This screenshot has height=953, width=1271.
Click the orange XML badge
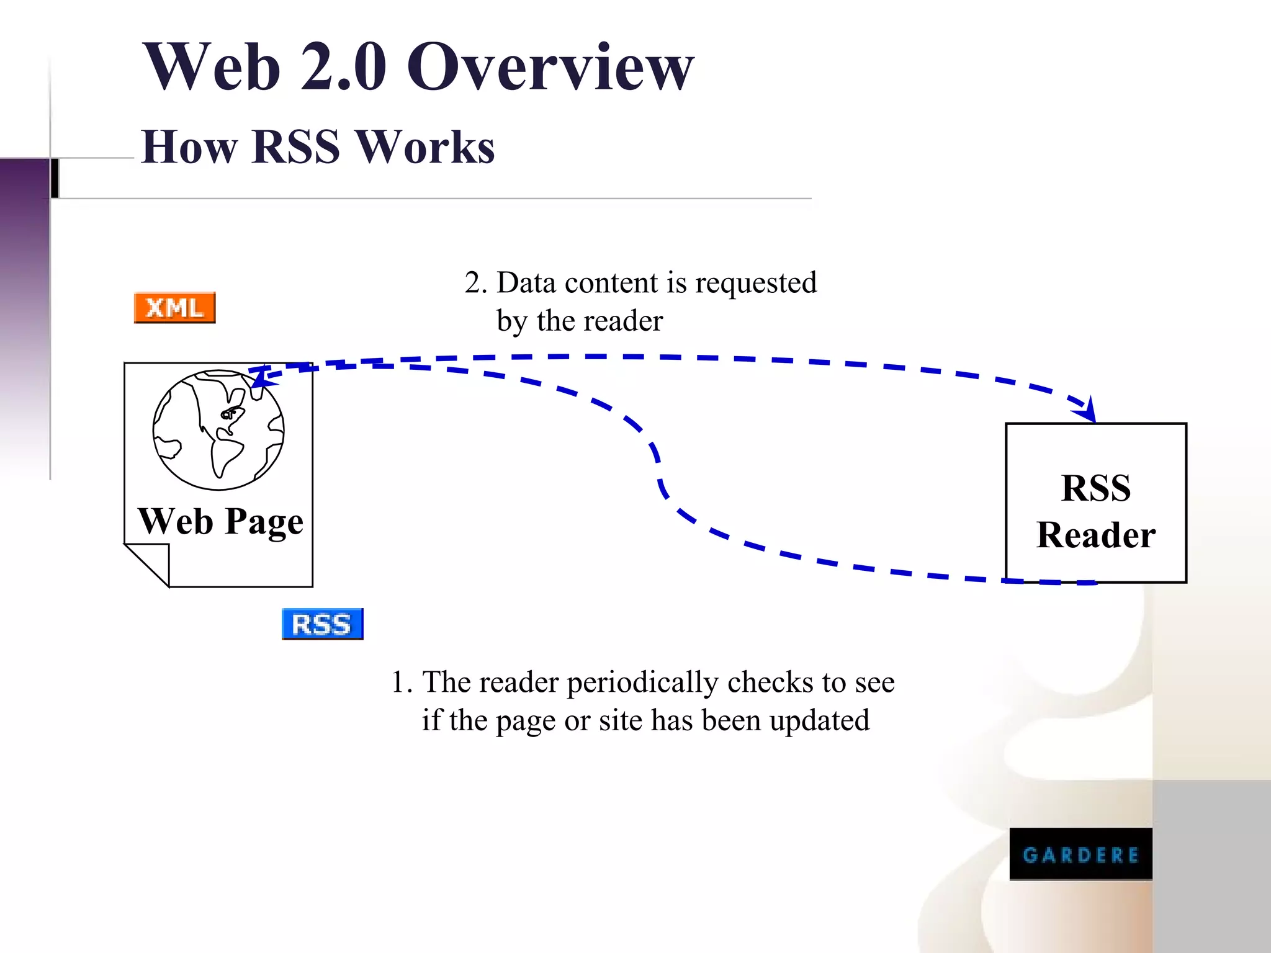[x=174, y=308]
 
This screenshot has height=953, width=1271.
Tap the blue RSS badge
[x=322, y=624]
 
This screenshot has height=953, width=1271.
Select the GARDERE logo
[x=1080, y=854]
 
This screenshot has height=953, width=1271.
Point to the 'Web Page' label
[x=221, y=521]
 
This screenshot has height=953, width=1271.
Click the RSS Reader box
[x=1096, y=503]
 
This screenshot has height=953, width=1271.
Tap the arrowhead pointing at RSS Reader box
[x=1086, y=411]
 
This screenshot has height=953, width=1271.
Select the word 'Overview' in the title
[x=550, y=66]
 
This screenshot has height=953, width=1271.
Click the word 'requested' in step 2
[x=756, y=284]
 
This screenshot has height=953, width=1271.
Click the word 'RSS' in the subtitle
[x=296, y=148]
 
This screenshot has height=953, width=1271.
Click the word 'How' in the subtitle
[x=189, y=148]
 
